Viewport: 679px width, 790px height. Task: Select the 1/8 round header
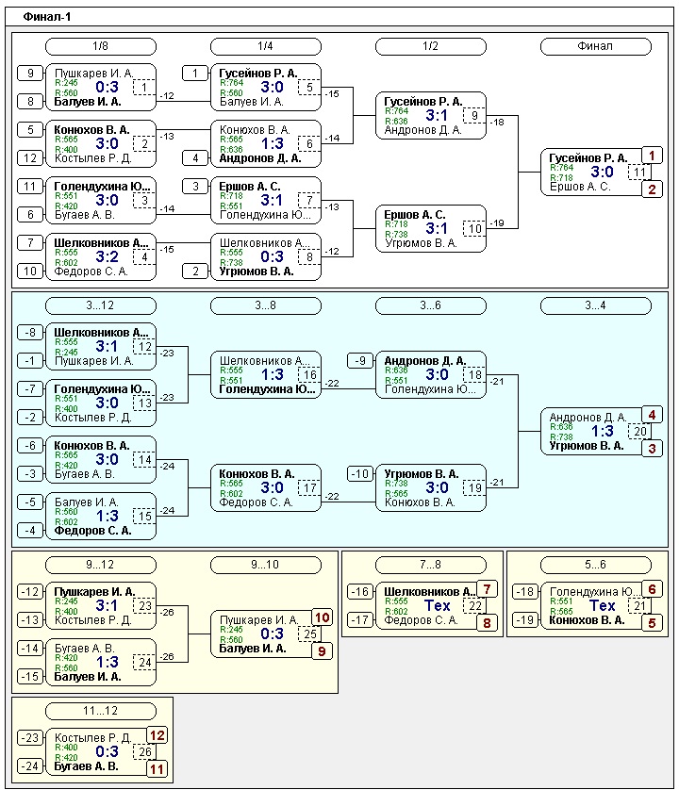100,46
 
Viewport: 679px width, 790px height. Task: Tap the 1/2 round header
430,46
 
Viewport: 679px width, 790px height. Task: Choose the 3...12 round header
100,305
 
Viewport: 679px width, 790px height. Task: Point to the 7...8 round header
422,565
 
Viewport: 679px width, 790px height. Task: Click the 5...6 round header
595,565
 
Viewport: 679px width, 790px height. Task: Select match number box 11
639,173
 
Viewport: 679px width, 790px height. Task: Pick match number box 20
639,432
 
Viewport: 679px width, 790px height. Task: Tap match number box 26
143,752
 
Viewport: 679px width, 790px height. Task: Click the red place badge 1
652,156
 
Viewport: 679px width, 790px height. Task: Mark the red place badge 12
157,735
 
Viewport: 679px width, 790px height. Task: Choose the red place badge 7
486,589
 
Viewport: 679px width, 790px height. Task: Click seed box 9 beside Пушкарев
30,73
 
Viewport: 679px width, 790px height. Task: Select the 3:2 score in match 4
107,256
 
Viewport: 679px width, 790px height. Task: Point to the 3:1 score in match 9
437,115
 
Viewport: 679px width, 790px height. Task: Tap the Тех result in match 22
438,605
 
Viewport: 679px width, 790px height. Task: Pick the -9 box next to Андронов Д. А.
359,360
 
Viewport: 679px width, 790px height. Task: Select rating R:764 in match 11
561,167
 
